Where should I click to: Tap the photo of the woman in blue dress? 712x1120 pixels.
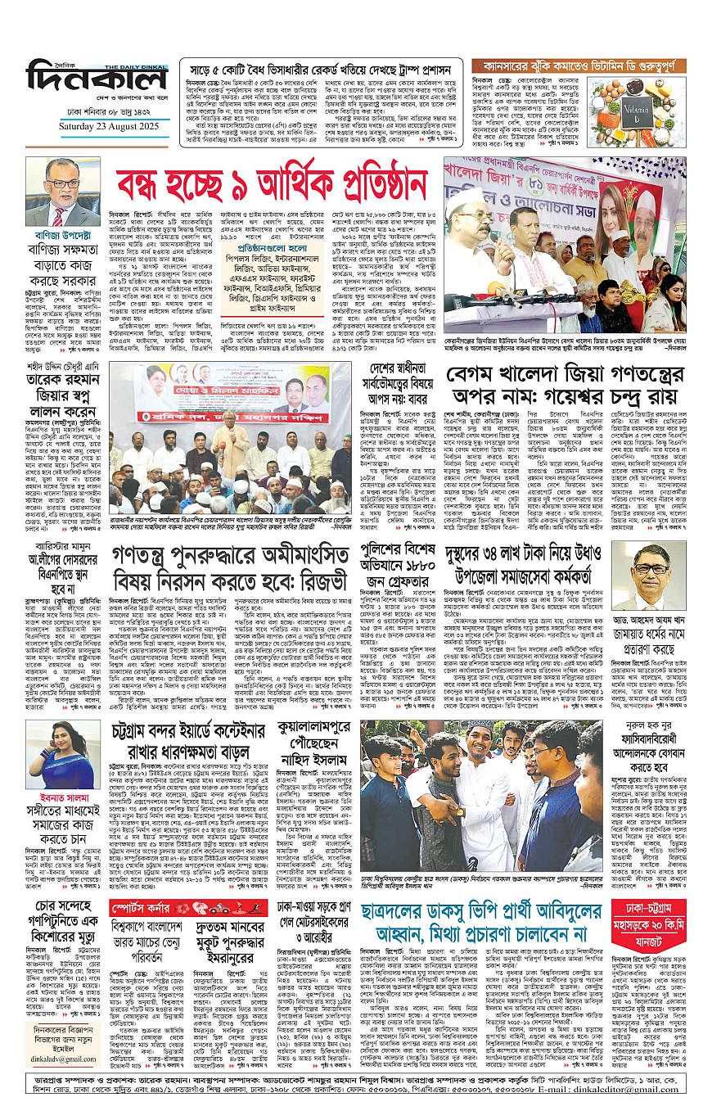62,754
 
